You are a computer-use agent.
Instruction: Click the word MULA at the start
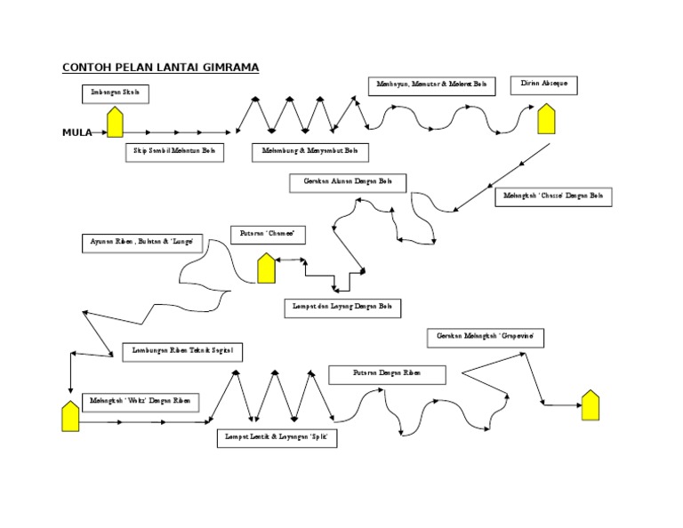tap(77, 132)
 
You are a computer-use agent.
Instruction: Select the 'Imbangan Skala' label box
tap(116, 93)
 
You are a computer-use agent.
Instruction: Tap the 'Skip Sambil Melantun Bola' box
tap(174, 153)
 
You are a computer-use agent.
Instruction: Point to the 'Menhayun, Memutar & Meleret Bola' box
tap(430, 86)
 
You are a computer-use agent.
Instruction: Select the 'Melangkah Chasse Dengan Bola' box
tap(553, 196)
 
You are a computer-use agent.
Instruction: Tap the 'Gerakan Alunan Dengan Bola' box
tap(348, 183)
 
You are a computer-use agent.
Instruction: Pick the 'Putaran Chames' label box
tap(268, 236)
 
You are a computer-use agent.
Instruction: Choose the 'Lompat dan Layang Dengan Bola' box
tap(341, 308)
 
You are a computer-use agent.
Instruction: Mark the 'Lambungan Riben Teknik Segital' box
tap(181, 352)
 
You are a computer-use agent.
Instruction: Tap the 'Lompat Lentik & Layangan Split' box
tap(277, 438)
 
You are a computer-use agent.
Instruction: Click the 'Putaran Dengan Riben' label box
tap(387, 375)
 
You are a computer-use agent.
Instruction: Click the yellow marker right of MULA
tap(115, 123)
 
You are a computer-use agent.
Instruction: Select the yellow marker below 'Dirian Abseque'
tap(545, 118)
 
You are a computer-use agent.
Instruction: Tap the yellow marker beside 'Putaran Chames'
tap(266, 268)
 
